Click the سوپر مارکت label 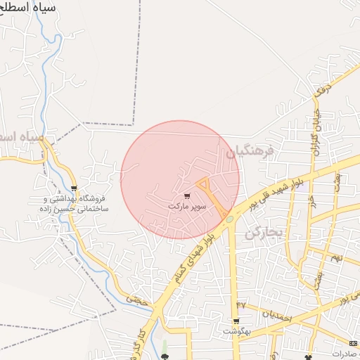tap(186, 207)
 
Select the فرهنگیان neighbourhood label tap(247, 151)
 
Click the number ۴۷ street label tap(243, 304)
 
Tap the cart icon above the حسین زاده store tap(75, 188)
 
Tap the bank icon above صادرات tap(352, 343)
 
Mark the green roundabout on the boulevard tap(230, 219)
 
